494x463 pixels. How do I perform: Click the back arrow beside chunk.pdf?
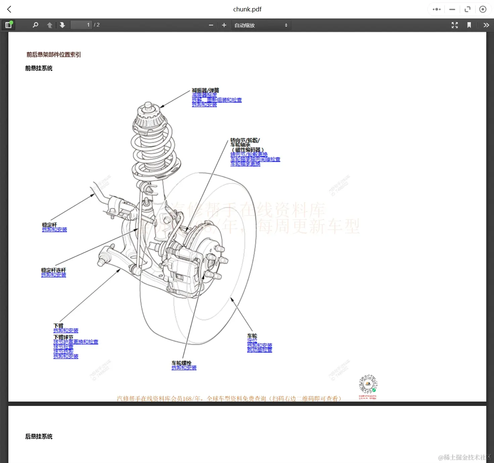(x=9, y=9)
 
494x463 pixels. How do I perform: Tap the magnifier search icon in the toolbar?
(x=35, y=25)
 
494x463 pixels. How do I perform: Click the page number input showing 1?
(x=81, y=25)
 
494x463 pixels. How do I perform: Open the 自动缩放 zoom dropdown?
(x=261, y=25)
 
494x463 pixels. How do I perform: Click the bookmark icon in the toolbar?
(x=469, y=25)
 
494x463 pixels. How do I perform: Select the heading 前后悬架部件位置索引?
(x=54, y=55)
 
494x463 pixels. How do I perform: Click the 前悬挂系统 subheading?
(x=39, y=68)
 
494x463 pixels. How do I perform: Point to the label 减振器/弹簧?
(x=205, y=90)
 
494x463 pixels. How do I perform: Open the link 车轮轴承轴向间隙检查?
(x=255, y=159)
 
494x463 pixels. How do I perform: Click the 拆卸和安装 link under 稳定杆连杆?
(x=54, y=275)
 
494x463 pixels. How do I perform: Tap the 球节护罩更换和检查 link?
(x=76, y=342)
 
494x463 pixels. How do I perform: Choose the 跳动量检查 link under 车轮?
(x=259, y=350)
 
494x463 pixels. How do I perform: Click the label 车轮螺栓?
(x=182, y=363)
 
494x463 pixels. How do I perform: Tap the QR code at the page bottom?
(x=368, y=384)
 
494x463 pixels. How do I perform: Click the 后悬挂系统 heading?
(x=39, y=436)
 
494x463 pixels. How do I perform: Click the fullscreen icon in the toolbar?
(x=455, y=25)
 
